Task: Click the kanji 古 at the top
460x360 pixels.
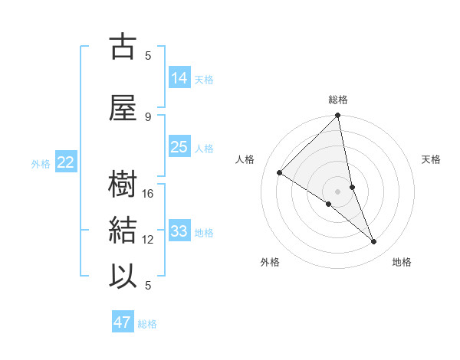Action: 123,47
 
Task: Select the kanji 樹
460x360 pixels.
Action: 123,184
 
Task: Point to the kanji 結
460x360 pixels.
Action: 123,230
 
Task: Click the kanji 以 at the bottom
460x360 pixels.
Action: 123,276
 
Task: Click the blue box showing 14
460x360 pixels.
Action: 179,78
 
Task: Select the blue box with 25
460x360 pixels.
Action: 179,147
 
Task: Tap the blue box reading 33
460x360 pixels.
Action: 179,231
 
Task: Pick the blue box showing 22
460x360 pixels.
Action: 66,162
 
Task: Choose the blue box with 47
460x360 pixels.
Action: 123,322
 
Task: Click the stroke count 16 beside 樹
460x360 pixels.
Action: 149,194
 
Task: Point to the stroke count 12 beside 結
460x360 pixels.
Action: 149,240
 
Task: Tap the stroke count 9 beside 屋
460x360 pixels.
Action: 149,116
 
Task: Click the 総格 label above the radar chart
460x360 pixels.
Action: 337,100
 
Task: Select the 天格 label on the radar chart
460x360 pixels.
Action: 431,159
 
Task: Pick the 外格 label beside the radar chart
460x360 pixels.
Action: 270,262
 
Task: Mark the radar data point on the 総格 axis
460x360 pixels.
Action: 337,116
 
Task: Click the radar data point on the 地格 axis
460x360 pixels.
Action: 374,242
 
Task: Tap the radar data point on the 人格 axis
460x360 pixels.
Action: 280,172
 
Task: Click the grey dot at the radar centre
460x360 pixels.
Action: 337,191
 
